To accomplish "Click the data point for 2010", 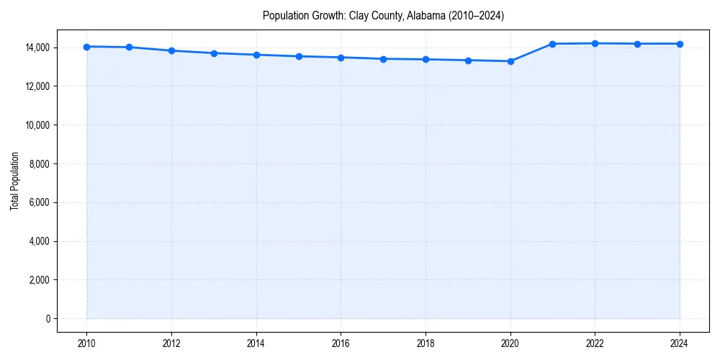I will click(86, 47).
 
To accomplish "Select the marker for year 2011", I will click(129, 48).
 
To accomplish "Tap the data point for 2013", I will click(214, 53).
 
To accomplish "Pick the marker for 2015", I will click(299, 56).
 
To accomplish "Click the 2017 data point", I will click(383, 59).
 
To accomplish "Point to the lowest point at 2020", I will click(510, 61).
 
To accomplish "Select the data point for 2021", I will click(552, 44).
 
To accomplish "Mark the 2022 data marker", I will click(595, 43).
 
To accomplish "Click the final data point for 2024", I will click(680, 44).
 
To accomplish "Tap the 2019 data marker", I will click(468, 60).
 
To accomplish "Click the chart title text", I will click(383, 15).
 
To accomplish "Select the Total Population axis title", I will click(14, 181).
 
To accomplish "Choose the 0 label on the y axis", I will click(48, 319).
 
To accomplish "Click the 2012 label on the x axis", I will click(171, 343).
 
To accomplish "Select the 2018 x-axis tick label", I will click(426, 343).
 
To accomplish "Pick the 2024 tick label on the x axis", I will click(680, 343).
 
